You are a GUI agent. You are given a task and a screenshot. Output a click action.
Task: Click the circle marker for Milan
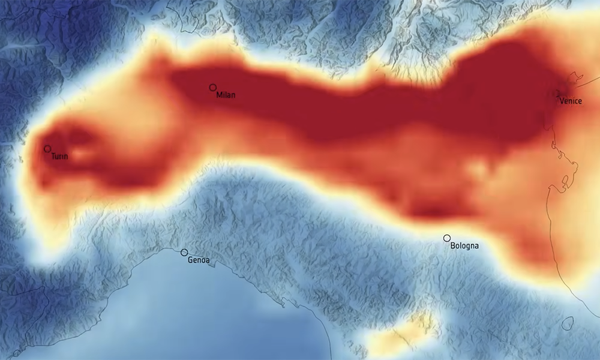212,88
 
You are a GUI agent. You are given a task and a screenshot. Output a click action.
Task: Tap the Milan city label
226,95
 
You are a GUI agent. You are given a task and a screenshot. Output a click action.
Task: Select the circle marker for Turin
47,148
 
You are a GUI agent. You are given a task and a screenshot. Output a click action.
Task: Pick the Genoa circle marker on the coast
184,253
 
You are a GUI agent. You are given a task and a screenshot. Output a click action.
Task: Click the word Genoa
199,261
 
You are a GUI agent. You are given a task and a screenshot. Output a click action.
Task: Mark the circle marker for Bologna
446,238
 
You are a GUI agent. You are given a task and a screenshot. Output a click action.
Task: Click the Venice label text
571,101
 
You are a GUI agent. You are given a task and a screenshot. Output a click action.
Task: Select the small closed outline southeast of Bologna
566,323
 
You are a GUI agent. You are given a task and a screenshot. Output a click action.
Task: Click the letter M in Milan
218,95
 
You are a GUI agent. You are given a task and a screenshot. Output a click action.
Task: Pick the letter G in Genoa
190,261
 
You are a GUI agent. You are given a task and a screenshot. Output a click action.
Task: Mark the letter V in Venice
562,101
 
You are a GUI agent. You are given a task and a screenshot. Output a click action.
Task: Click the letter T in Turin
53,157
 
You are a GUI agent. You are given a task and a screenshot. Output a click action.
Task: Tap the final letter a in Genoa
207,261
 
